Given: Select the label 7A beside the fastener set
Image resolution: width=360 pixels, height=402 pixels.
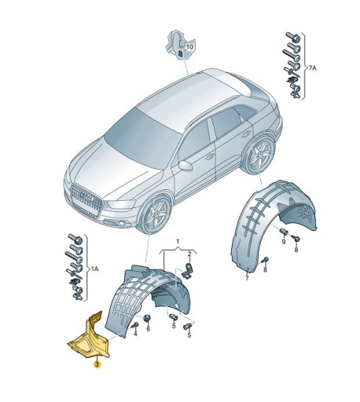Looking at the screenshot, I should click(x=311, y=69).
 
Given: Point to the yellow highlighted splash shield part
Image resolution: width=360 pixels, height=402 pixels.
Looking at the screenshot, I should click(x=88, y=338).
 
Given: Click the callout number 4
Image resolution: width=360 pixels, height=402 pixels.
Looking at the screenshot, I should click(x=135, y=334).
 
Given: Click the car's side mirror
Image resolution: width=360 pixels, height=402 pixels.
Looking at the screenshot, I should click(x=186, y=166).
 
